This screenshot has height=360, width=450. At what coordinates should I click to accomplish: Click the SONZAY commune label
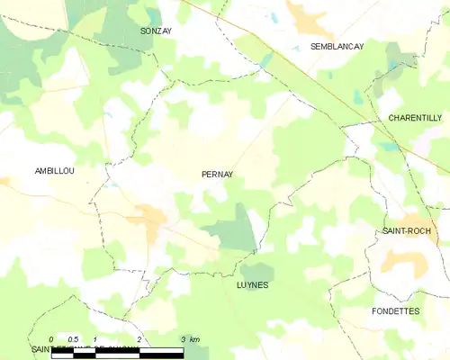pyautogui.click(x=157, y=31)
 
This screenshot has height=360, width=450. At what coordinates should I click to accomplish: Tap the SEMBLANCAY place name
pyautogui.click(x=337, y=46)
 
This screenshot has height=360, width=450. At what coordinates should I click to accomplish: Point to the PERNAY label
pyautogui.click(x=218, y=175)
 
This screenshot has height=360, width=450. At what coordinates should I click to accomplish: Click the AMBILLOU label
pyautogui.click(x=53, y=170)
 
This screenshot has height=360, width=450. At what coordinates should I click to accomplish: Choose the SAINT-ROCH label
pyautogui.click(x=405, y=231)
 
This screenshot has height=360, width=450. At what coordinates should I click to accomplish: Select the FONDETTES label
pyautogui.click(x=395, y=310)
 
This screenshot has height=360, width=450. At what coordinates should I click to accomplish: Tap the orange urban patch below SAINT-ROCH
pyautogui.click(x=400, y=260)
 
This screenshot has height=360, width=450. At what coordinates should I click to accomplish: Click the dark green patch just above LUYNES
pyautogui.click(x=256, y=270)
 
